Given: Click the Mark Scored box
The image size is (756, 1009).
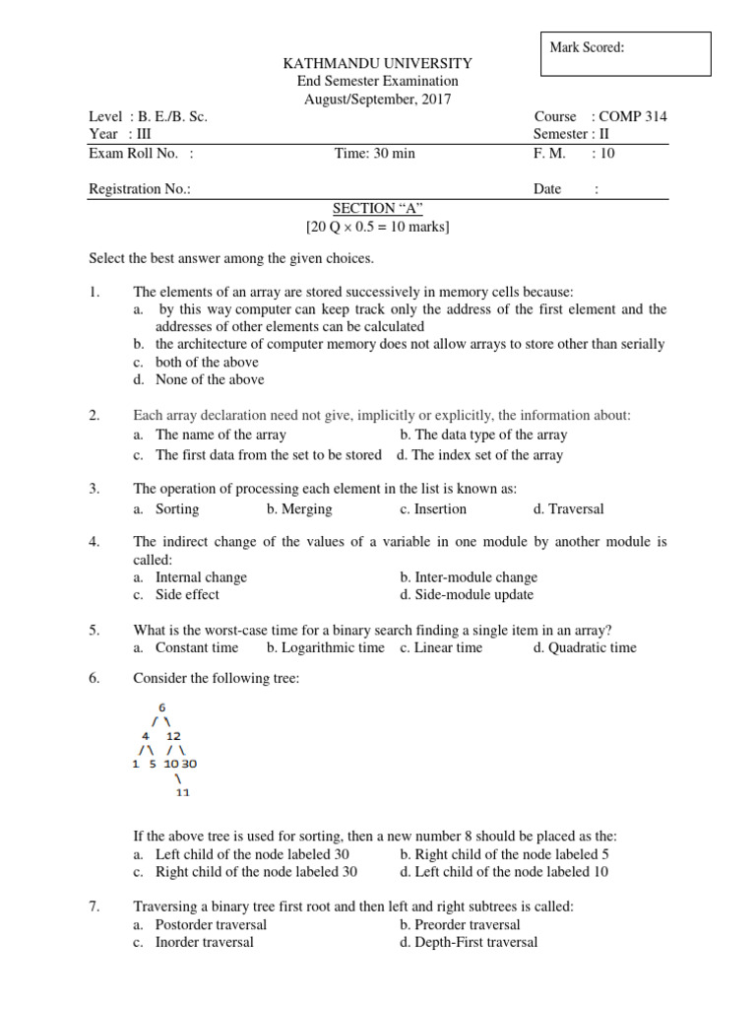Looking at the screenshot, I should pyautogui.click(x=625, y=53).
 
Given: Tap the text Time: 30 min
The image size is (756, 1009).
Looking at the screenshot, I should pyautogui.click(x=375, y=153).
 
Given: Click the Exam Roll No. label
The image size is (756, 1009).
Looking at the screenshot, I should pyautogui.click(x=141, y=153).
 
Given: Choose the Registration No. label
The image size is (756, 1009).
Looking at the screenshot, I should pyautogui.click(x=140, y=189).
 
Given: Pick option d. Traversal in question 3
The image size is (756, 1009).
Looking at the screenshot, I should pyautogui.click(x=568, y=509).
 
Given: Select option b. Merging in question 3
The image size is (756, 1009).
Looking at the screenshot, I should pyautogui.click(x=299, y=509).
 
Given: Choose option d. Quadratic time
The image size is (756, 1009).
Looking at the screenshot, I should pyautogui.click(x=585, y=647).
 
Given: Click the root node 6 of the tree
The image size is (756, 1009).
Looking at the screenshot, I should pyautogui.click(x=161, y=706).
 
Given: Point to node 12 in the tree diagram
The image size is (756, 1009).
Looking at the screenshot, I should pyautogui.click(x=174, y=735).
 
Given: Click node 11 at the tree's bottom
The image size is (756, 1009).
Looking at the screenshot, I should pyautogui.click(x=181, y=791).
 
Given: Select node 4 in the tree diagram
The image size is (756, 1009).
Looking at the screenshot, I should pyautogui.click(x=146, y=735).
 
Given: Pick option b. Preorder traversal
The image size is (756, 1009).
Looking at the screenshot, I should pyautogui.click(x=460, y=924).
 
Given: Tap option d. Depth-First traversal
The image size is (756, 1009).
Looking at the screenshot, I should pyautogui.click(x=469, y=942).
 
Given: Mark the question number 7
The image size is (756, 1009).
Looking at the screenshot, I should pyautogui.click(x=94, y=907).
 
